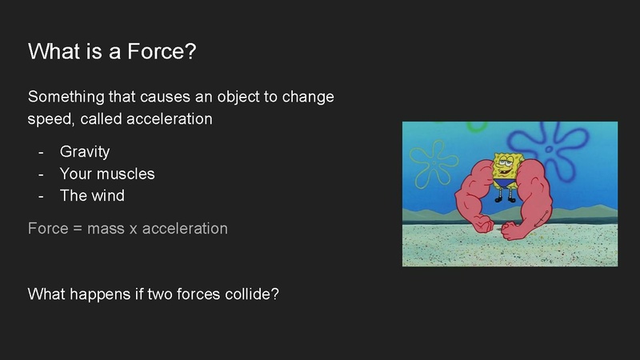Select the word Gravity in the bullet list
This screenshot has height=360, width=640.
point(85,152)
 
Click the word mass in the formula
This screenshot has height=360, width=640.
point(106,229)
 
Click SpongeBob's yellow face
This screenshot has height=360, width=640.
point(505,164)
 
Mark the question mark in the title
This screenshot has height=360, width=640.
point(191,52)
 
